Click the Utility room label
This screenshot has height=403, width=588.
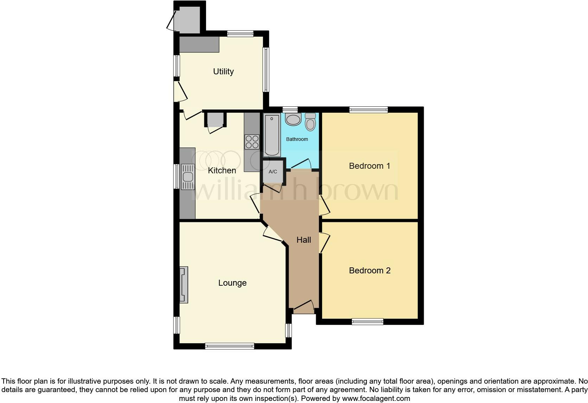(x=223, y=72)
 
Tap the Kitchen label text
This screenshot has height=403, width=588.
(x=222, y=170)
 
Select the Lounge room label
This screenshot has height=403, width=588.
(x=232, y=283)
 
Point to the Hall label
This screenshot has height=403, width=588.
(x=303, y=240)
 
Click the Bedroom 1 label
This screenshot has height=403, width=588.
(x=369, y=166)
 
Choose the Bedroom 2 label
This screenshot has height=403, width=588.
(x=370, y=271)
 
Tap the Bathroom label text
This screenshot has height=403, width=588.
(x=297, y=139)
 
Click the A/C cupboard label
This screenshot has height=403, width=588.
(x=273, y=172)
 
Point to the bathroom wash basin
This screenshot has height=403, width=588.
(x=293, y=119)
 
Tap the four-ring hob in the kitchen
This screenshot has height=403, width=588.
(x=252, y=142)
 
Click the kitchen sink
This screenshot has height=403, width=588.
(x=187, y=177)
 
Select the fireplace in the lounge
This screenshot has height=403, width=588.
(x=184, y=285)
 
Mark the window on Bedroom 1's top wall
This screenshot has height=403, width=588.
(x=369, y=110)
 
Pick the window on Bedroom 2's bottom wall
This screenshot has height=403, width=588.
(x=367, y=321)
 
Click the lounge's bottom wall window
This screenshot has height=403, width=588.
(x=230, y=346)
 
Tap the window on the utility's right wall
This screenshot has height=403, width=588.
(x=266, y=69)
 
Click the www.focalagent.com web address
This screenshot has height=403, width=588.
(x=376, y=398)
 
